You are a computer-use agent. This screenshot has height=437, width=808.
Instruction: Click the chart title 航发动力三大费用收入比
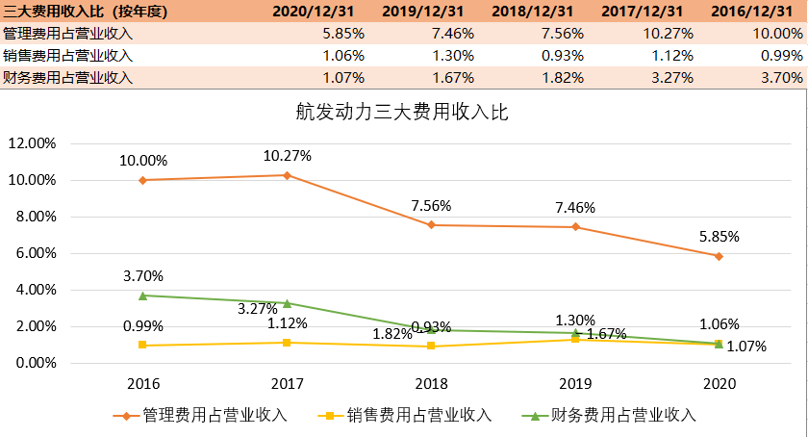click(401, 111)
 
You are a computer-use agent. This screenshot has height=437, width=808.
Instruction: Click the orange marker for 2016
click(142, 180)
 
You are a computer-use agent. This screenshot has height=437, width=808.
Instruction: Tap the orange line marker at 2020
click(719, 256)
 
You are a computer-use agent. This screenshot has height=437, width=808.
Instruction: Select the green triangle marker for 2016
click(142, 296)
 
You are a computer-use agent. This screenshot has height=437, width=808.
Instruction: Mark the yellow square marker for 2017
click(287, 343)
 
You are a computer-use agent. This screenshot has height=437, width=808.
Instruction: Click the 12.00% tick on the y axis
click(34, 143)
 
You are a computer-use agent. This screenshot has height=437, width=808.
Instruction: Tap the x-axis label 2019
click(574, 383)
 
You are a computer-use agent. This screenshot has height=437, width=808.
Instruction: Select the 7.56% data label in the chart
click(431, 206)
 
